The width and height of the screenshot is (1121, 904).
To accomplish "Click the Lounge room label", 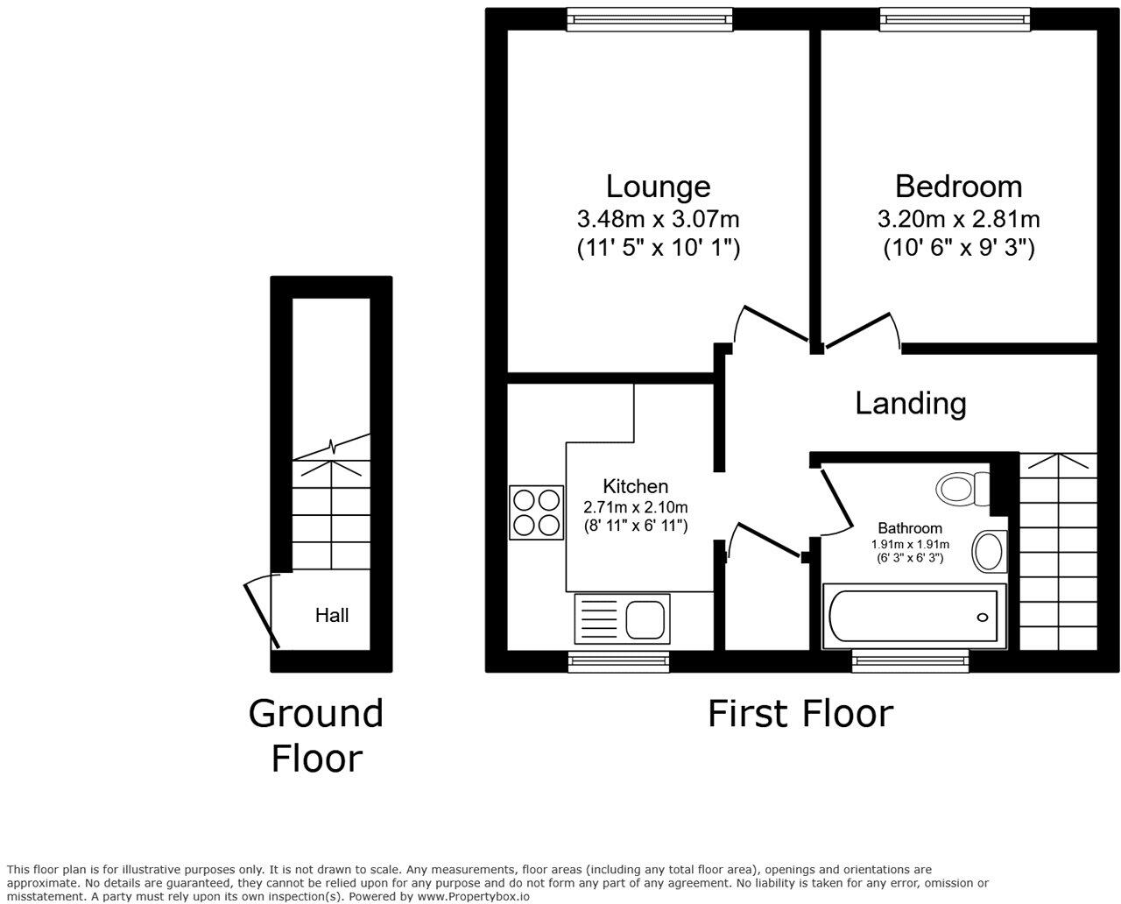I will pyautogui.click(x=658, y=187).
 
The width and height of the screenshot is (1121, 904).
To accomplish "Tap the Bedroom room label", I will pyautogui.click(x=958, y=187).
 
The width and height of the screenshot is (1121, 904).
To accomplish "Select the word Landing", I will pyautogui.click(x=910, y=404).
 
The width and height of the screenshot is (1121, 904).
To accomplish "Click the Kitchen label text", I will pyautogui.click(x=635, y=487).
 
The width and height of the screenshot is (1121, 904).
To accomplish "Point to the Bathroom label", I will pyautogui.click(x=910, y=528).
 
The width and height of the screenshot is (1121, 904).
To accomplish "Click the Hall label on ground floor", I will pyautogui.click(x=332, y=616).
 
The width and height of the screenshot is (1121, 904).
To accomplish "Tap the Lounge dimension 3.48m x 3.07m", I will pyautogui.click(x=658, y=218).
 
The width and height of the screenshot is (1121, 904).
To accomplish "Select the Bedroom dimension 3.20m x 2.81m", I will pyautogui.click(x=958, y=218).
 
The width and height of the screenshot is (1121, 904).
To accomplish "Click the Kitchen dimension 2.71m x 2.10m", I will pyautogui.click(x=635, y=507).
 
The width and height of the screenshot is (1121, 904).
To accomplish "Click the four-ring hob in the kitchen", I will pyautogui.click(x=536, y=512).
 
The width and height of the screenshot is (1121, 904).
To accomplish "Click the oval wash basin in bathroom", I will pyautogui.click(x=990, y=552).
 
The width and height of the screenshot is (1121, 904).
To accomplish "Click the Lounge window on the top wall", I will pyautogui.click(x=649, y=19).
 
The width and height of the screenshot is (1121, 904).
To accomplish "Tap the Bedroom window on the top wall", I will pyautogui.click(x=955, y=19).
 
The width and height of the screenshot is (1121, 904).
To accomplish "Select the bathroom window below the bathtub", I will pyautogui.click(x=911, y=661).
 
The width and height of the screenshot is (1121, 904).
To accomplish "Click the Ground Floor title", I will pyautogui.click(x=316, y=736).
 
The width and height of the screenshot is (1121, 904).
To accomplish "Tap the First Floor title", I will pyautogui.click(x=800, y=714).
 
